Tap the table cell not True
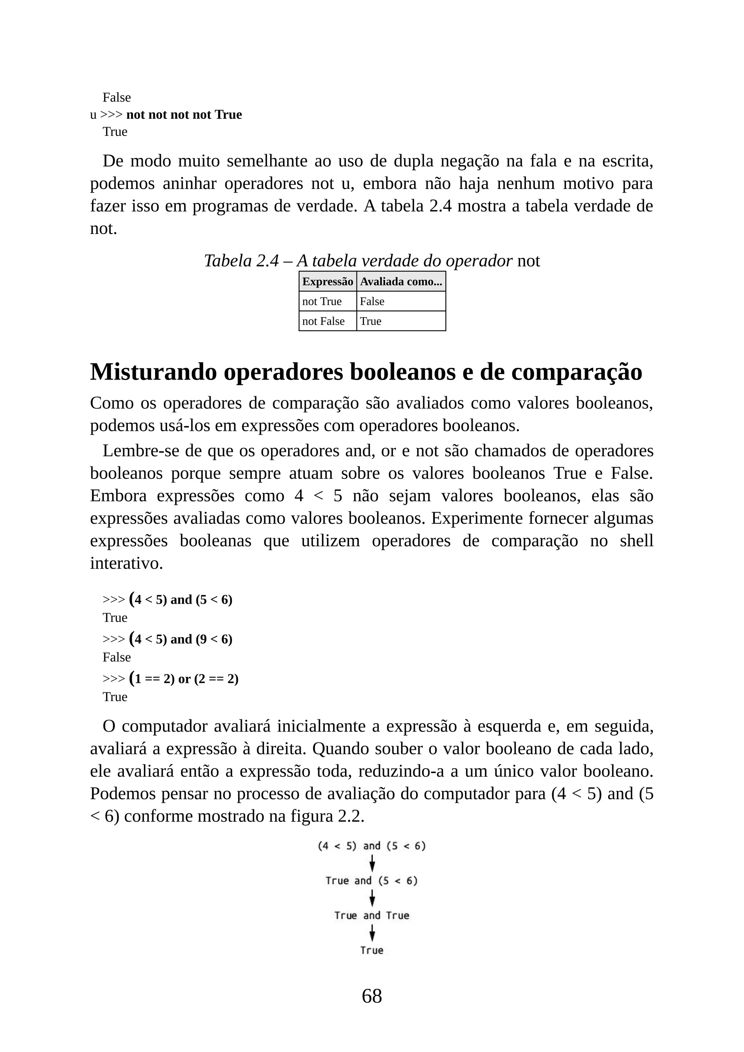point(322,302)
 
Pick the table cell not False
point(323,321)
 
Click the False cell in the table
point(372,302)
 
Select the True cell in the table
point(371,321)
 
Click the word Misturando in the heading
point(153,372)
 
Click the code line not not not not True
point(184,114)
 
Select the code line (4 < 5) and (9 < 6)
point(183,639)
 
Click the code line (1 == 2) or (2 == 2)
point(186,679)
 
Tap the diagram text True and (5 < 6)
point(372,881)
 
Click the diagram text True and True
point(372,915)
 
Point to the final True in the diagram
point(372,950)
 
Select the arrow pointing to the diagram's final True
point(372,933)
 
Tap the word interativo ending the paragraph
point(126,563)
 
